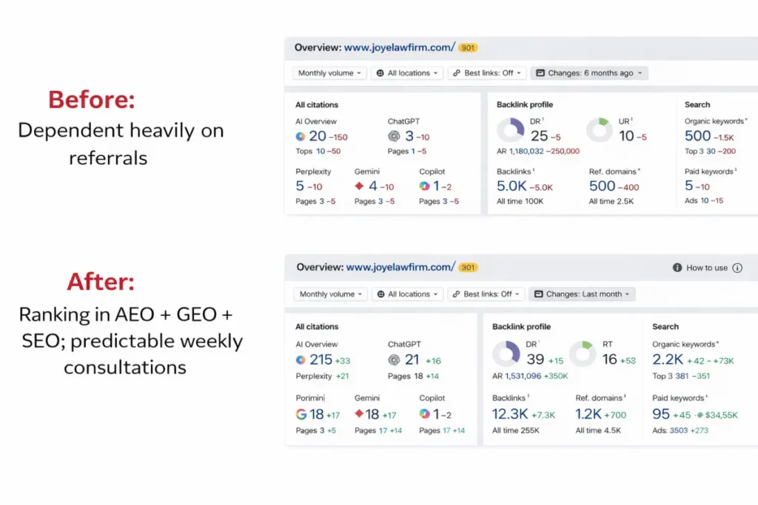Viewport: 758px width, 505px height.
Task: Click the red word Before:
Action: [x=92, y=99]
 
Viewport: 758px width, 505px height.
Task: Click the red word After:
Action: [x=101, y=282]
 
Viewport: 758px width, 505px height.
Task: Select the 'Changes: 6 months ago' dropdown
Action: [x=589, y=73]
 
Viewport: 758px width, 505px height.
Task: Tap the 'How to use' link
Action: [x=706, y=268]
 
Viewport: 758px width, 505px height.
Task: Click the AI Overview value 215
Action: [x=321, y=360]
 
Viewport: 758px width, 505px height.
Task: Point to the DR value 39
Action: [x=536, y=359]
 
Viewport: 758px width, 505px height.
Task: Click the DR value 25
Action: [x=540, y=136]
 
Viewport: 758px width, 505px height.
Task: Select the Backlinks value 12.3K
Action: [x=509, y=414]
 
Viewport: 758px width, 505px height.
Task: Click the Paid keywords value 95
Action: [x=661, y=414]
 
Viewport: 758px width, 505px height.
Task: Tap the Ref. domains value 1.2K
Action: [x=588, y=414]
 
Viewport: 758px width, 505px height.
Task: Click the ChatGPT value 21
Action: [x=412, y=360]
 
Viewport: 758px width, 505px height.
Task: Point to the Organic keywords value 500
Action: [x=697, y=136]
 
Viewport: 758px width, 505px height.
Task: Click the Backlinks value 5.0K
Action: [x=512, y=186]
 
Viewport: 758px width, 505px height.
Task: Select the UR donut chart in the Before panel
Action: [x=600, y=130]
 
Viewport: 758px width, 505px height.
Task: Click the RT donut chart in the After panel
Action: [x=583, y=353]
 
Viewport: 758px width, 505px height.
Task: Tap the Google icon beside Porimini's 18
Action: [x=301, y=414]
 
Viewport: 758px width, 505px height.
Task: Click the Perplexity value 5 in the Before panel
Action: [x=300, y=186]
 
